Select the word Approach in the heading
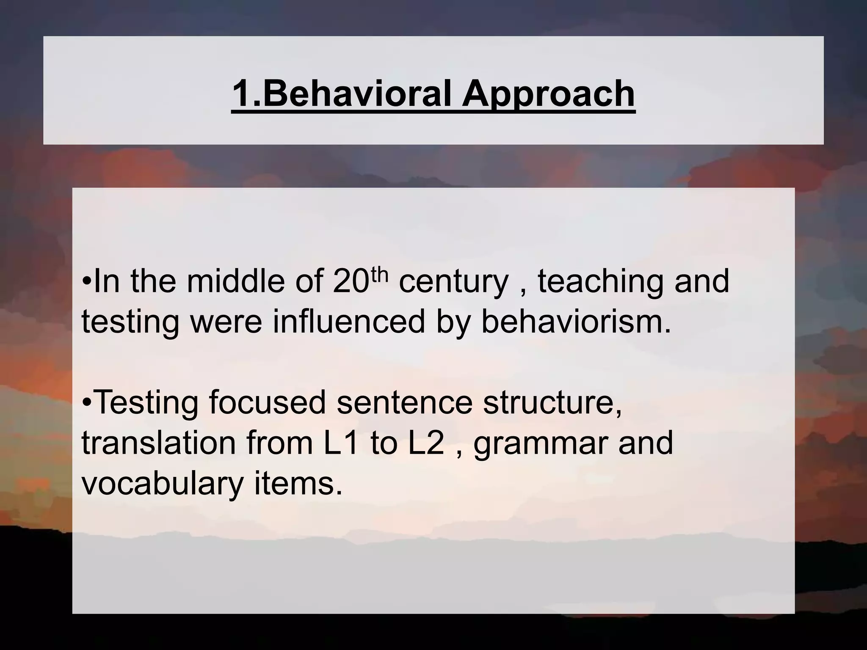click(548, 94)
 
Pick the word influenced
click(348, 321)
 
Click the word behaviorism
click(576, 321)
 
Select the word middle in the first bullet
click(235, 281)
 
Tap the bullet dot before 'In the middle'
click(86, 282)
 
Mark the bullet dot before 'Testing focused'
click(86, 402)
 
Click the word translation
click(158, 443)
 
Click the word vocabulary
click(163, 484)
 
